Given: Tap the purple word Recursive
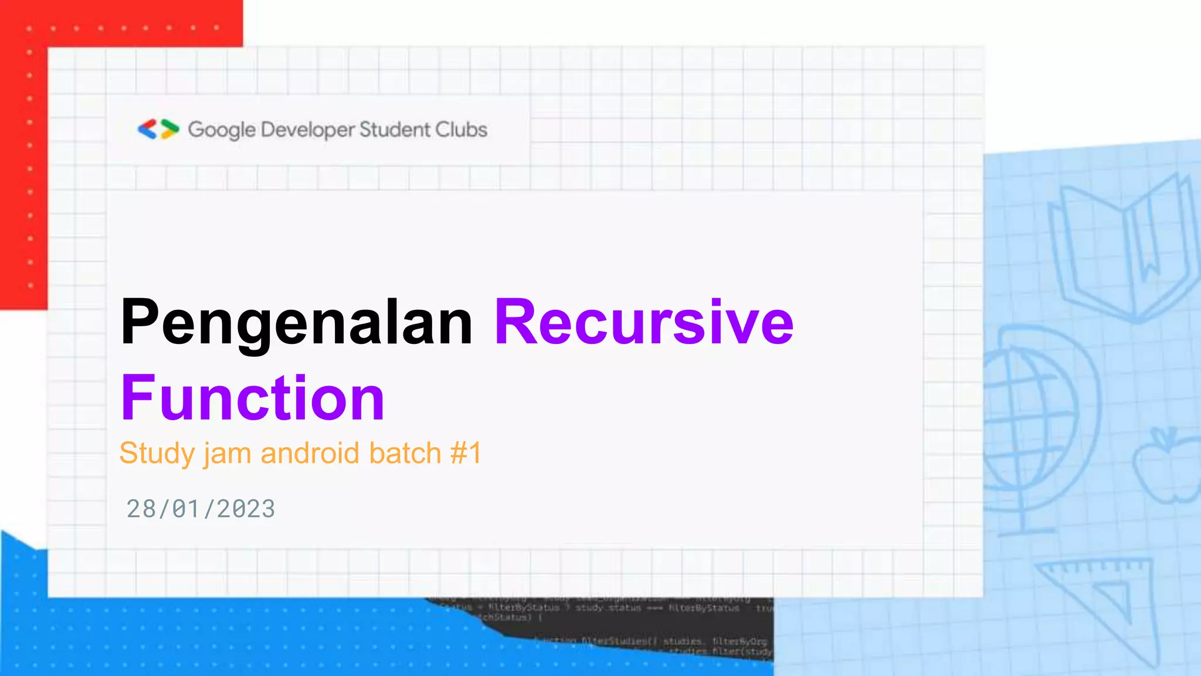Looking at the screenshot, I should tap(644, 323).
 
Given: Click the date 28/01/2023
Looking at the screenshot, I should tap(201, 509).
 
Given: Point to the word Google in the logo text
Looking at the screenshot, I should tap(222, 130).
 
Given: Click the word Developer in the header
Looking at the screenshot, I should tap(308, 130).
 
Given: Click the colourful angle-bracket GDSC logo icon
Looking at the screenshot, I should tap(158, 129).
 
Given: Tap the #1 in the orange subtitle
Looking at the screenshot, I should tap(466, 454).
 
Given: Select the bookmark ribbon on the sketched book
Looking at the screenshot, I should tap(1146, 246).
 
